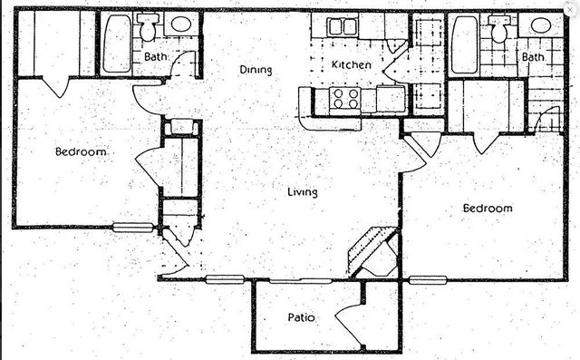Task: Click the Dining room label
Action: point(256,69)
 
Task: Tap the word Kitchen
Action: point(349,64)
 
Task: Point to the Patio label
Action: point(301,317)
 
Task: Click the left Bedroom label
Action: point(81,151)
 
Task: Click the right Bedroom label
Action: point(488,208)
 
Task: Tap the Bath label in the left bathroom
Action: point(156,56)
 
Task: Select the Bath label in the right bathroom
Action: point(533,56)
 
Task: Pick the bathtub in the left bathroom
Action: point(116,44)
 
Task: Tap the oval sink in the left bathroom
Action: point(180,24)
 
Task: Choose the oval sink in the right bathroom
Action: point(540,24)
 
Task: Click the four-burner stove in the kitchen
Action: point(345,98)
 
